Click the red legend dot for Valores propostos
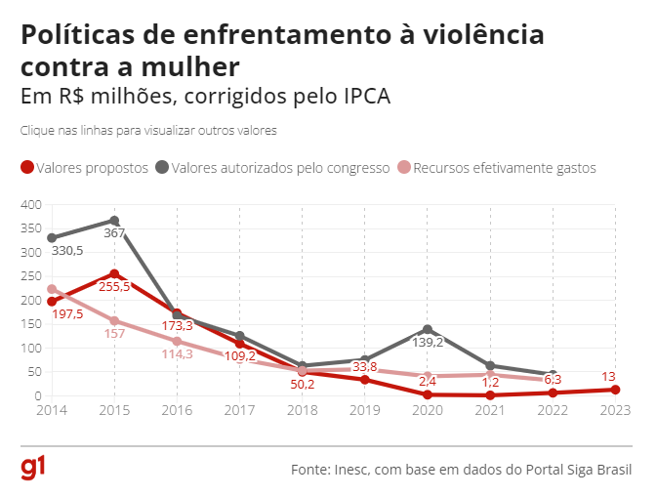tap(27, 168)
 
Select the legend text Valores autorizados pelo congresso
tap(280, 168)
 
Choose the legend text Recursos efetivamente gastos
tap(504, 168)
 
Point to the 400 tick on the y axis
tap(31, 205)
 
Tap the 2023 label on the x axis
tap(614, 410)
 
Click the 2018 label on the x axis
tap(303, 410)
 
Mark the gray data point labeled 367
tap(114, 221)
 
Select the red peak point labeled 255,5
tap(114, 274)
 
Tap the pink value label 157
tap(115, 334)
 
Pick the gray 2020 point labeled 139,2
tap(427, 330)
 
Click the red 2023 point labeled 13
tap(614, 390)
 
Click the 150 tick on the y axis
tap(31, 324)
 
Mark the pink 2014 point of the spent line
tap(52, 289)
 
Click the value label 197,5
tap(67, 313)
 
